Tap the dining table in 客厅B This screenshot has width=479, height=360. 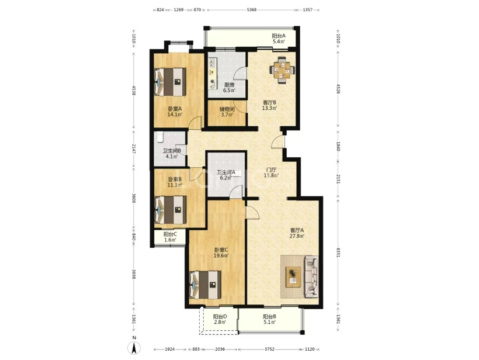[x=282, y=71]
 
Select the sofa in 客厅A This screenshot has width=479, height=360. [x=311, y=277]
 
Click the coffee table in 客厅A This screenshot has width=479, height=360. [x=293, y=277]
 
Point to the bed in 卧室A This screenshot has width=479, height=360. [x=170, y=82]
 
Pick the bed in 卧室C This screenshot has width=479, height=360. [x=206, y=285]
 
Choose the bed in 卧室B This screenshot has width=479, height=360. [x=171, y=210]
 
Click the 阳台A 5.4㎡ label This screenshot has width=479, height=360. [x=279, y=39]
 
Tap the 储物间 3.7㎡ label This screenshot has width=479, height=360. [x=227, y=112]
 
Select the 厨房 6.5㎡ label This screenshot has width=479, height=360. [x=229, y=88]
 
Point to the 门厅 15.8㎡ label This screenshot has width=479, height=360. [x=271, y=172]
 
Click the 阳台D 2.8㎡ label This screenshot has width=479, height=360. [x=220, y=319]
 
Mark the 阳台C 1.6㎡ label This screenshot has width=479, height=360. [x=170, y=237]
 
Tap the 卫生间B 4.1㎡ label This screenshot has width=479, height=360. [x=172, y=154]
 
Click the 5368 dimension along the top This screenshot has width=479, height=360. [x=251, y=10]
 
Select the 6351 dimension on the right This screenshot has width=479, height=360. [x=338, y=252]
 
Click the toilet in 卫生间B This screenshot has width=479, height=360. [x=159, y=137]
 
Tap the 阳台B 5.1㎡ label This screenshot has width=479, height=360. [x=269, y=319]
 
